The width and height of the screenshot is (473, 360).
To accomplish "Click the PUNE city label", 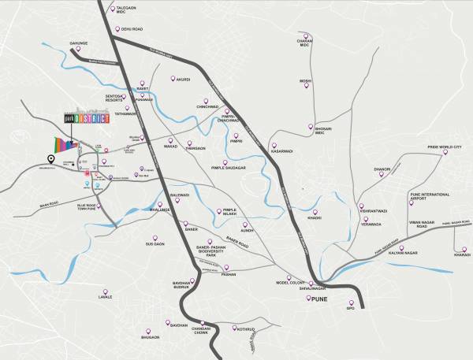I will pos(318,300).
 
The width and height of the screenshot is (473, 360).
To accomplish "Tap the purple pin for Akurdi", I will pos(174,79).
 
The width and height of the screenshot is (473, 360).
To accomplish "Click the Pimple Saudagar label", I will pos(229,168).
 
